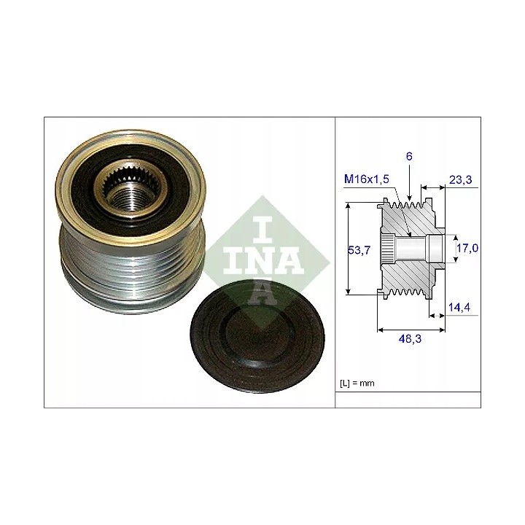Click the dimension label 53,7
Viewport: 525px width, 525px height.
(x=359, y=250)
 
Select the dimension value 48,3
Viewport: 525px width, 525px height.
(x=410, y=339)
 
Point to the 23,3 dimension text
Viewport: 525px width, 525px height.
(x=460, y=180)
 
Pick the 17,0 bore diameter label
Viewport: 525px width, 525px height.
(x=467, y=248)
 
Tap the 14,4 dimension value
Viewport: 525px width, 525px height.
(x=459, y=307)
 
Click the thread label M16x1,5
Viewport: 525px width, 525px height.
(x=367, y=179)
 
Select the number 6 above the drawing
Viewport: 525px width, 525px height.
(x=409, y=156)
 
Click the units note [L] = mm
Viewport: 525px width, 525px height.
(x=357, y=383)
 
